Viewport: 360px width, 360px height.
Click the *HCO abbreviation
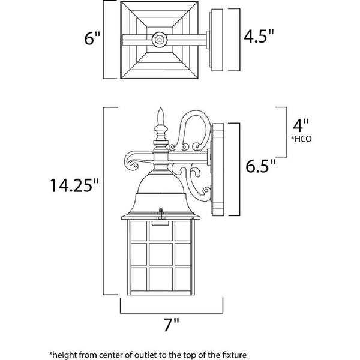(x=301, y=140)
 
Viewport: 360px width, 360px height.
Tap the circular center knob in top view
(x=160, y=40)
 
